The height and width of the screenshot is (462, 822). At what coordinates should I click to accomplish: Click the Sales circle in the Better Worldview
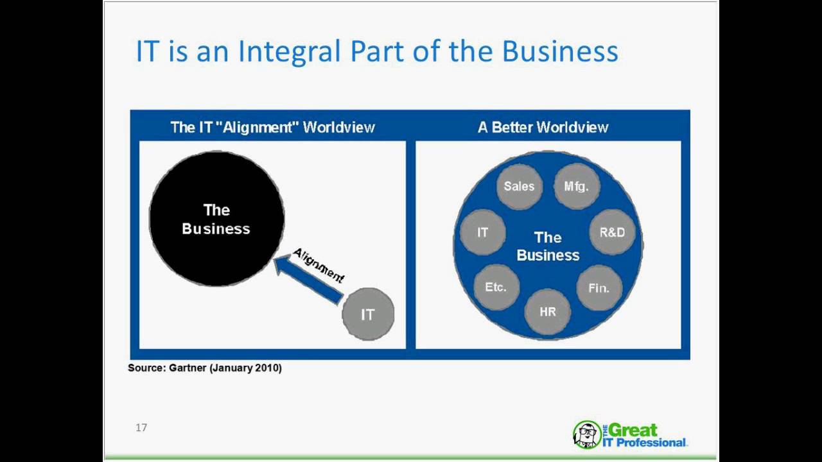(x=520, y=186)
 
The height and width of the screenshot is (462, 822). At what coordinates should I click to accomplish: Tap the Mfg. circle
(x=576, y=186)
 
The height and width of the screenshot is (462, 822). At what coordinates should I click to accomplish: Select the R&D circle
(x=612, y=232)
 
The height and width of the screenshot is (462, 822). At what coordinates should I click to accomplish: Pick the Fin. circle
(x=599, y=288)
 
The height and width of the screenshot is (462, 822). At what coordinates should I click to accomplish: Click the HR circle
(x=548, y=312)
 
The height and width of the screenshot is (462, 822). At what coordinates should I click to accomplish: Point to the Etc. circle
(x=496, y=287)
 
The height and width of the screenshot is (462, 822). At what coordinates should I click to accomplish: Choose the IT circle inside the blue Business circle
(x=483, y=232)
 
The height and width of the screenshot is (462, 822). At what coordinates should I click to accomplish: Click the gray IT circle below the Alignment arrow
(x=368, y=314)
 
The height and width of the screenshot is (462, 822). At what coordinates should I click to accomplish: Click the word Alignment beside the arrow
(x=319, y=265)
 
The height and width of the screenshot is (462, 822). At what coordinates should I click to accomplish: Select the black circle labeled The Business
(x=216, y=219)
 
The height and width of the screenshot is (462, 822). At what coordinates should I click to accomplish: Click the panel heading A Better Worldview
(x=543, y=127)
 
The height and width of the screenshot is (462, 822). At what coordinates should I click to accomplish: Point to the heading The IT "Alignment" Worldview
(x=272, y=127)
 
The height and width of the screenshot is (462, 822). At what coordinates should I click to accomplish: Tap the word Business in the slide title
(x=560, y=51)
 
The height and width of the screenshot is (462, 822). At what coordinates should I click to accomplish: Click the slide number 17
(x=141, y=427)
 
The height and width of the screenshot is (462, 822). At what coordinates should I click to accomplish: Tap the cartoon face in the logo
(x=586, y=434)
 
